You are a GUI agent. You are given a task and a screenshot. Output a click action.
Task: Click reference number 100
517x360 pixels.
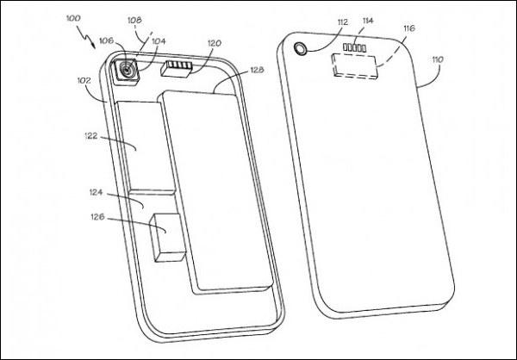click(73, 18)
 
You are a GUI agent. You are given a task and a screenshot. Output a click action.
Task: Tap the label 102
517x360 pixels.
click(84, 80)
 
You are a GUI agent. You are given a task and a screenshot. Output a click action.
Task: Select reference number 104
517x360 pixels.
click(159, 41)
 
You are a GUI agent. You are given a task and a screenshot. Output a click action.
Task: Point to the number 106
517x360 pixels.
click(107, 40)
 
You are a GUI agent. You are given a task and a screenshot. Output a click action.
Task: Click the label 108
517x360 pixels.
click(134, 20)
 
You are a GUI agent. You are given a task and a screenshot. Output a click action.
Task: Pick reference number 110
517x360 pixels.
click(438, 59)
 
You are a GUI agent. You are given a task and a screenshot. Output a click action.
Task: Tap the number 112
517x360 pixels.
click(343, 22)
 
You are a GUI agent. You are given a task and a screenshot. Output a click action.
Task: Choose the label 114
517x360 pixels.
click(368, 21)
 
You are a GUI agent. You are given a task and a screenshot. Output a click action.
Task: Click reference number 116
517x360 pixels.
click(408, 28)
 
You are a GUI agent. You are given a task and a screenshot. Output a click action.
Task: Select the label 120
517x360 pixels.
click(215, 43)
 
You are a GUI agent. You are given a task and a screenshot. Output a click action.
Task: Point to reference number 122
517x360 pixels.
click(91, 136)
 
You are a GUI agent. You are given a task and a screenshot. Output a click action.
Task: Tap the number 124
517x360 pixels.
click(97, 192)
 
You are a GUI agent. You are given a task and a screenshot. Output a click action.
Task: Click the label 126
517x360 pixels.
click(97, 217)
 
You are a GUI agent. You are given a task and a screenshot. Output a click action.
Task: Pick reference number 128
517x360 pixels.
click(257, 70)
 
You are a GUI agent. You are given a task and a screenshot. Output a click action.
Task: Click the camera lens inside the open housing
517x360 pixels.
click(127, 70)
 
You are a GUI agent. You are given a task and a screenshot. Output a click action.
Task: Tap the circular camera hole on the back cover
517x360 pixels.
click(301, 48)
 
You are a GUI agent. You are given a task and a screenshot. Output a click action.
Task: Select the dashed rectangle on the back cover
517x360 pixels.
click(354, 66)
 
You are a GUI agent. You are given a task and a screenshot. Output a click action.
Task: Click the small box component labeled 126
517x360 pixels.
click(167, 238)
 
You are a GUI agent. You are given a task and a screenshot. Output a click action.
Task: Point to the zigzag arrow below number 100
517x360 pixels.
click(86, 37)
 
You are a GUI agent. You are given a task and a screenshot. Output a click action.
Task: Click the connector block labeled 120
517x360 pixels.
click(177, 69)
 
